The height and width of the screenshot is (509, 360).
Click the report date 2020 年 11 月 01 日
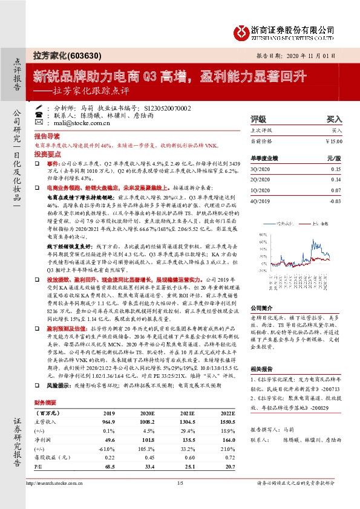point(316,54)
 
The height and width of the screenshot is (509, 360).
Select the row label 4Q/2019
point(260,201)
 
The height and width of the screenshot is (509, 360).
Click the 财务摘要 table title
point(46,401)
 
